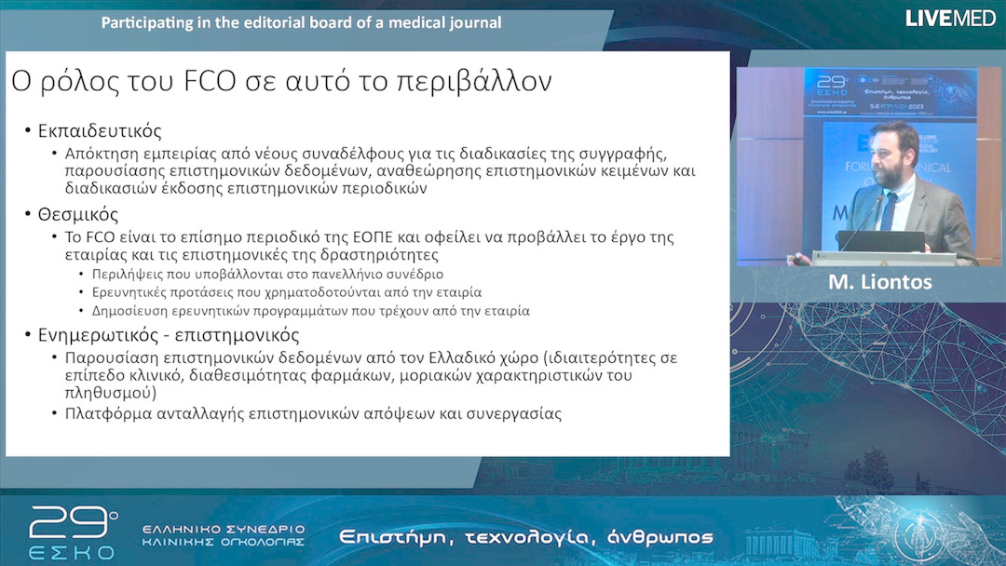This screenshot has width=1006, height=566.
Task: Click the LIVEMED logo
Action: [950, 18]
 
